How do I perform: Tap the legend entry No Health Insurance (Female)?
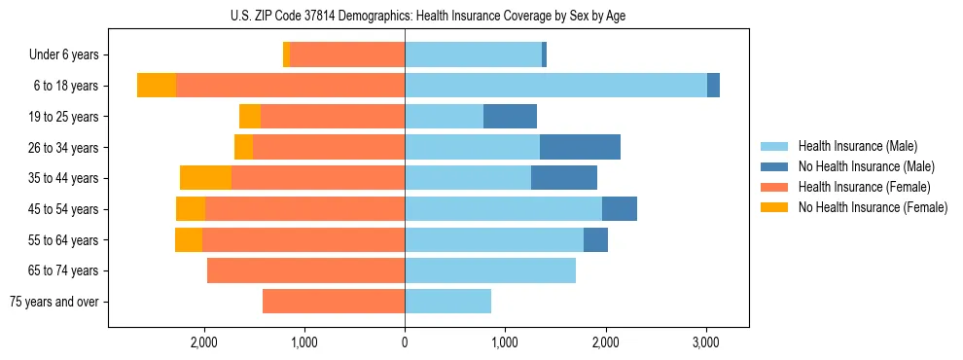point(873,207)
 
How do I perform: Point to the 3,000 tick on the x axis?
point(705,342)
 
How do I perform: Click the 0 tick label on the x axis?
point(405,342)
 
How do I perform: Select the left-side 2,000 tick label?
point(204,342)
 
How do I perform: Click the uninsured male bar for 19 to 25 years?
point(510,117)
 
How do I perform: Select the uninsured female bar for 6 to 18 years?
point(157,86)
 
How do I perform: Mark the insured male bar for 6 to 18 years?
point(555,86)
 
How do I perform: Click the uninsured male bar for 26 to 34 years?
point(580,148)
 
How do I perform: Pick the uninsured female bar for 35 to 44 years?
point(205,178)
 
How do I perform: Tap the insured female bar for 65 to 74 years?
point(305,270)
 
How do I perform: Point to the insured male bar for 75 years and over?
point(447,302)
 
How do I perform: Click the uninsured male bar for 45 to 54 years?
point(620,209)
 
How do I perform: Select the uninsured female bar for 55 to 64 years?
point(189,240)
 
